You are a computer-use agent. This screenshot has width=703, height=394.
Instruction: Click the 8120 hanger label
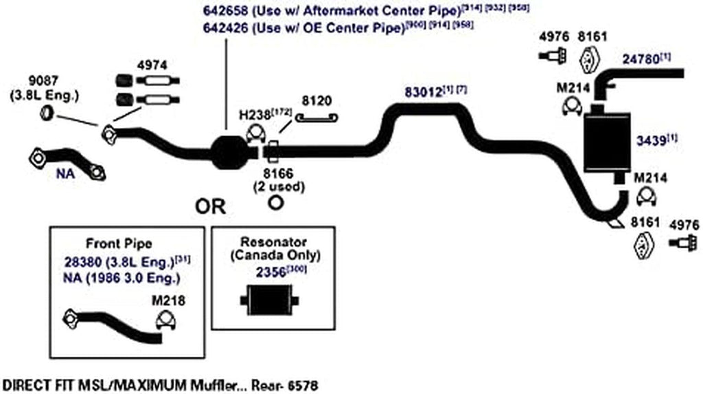[315, 100]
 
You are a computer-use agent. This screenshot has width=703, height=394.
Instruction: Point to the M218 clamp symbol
[165, 320]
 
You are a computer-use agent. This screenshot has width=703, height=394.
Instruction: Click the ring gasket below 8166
[276, 203]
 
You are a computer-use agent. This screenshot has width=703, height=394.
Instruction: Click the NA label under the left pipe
[65, 175]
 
